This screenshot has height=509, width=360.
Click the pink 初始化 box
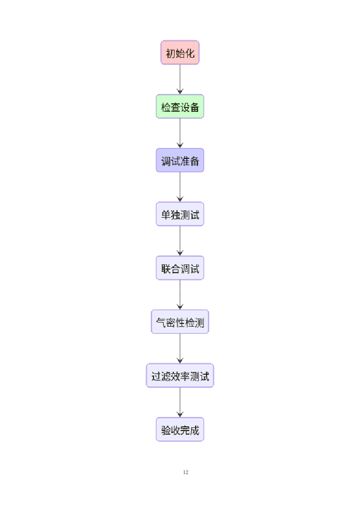tap(180, 53)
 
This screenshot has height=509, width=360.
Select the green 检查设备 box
tap(180, 107)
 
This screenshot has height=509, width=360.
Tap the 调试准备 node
tap(180, 160)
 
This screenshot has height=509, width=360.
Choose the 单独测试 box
tap(180, 214)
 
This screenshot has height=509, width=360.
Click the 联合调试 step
tap(180, 268)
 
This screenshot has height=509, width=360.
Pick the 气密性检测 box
tap(180, 322)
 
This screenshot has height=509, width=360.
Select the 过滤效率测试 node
tap(180, 376)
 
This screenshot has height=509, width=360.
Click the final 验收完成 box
tap(180, 430)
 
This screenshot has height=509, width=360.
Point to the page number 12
tap(186, 472)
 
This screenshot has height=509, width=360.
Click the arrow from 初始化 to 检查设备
tap(180, 79)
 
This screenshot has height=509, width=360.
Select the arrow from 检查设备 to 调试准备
tap(180, 133)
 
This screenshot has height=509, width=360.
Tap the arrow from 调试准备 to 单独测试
tap(180, 187)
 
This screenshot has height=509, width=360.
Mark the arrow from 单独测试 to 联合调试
tap(180, 241)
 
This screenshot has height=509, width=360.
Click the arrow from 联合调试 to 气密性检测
tap(180, 295)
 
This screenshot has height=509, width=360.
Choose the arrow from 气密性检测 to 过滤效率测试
tap(180, 348)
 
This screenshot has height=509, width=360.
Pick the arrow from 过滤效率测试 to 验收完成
tap(180, 402)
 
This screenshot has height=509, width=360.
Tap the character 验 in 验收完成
tap(166, 430)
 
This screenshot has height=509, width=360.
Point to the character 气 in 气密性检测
tap(161, 323)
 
